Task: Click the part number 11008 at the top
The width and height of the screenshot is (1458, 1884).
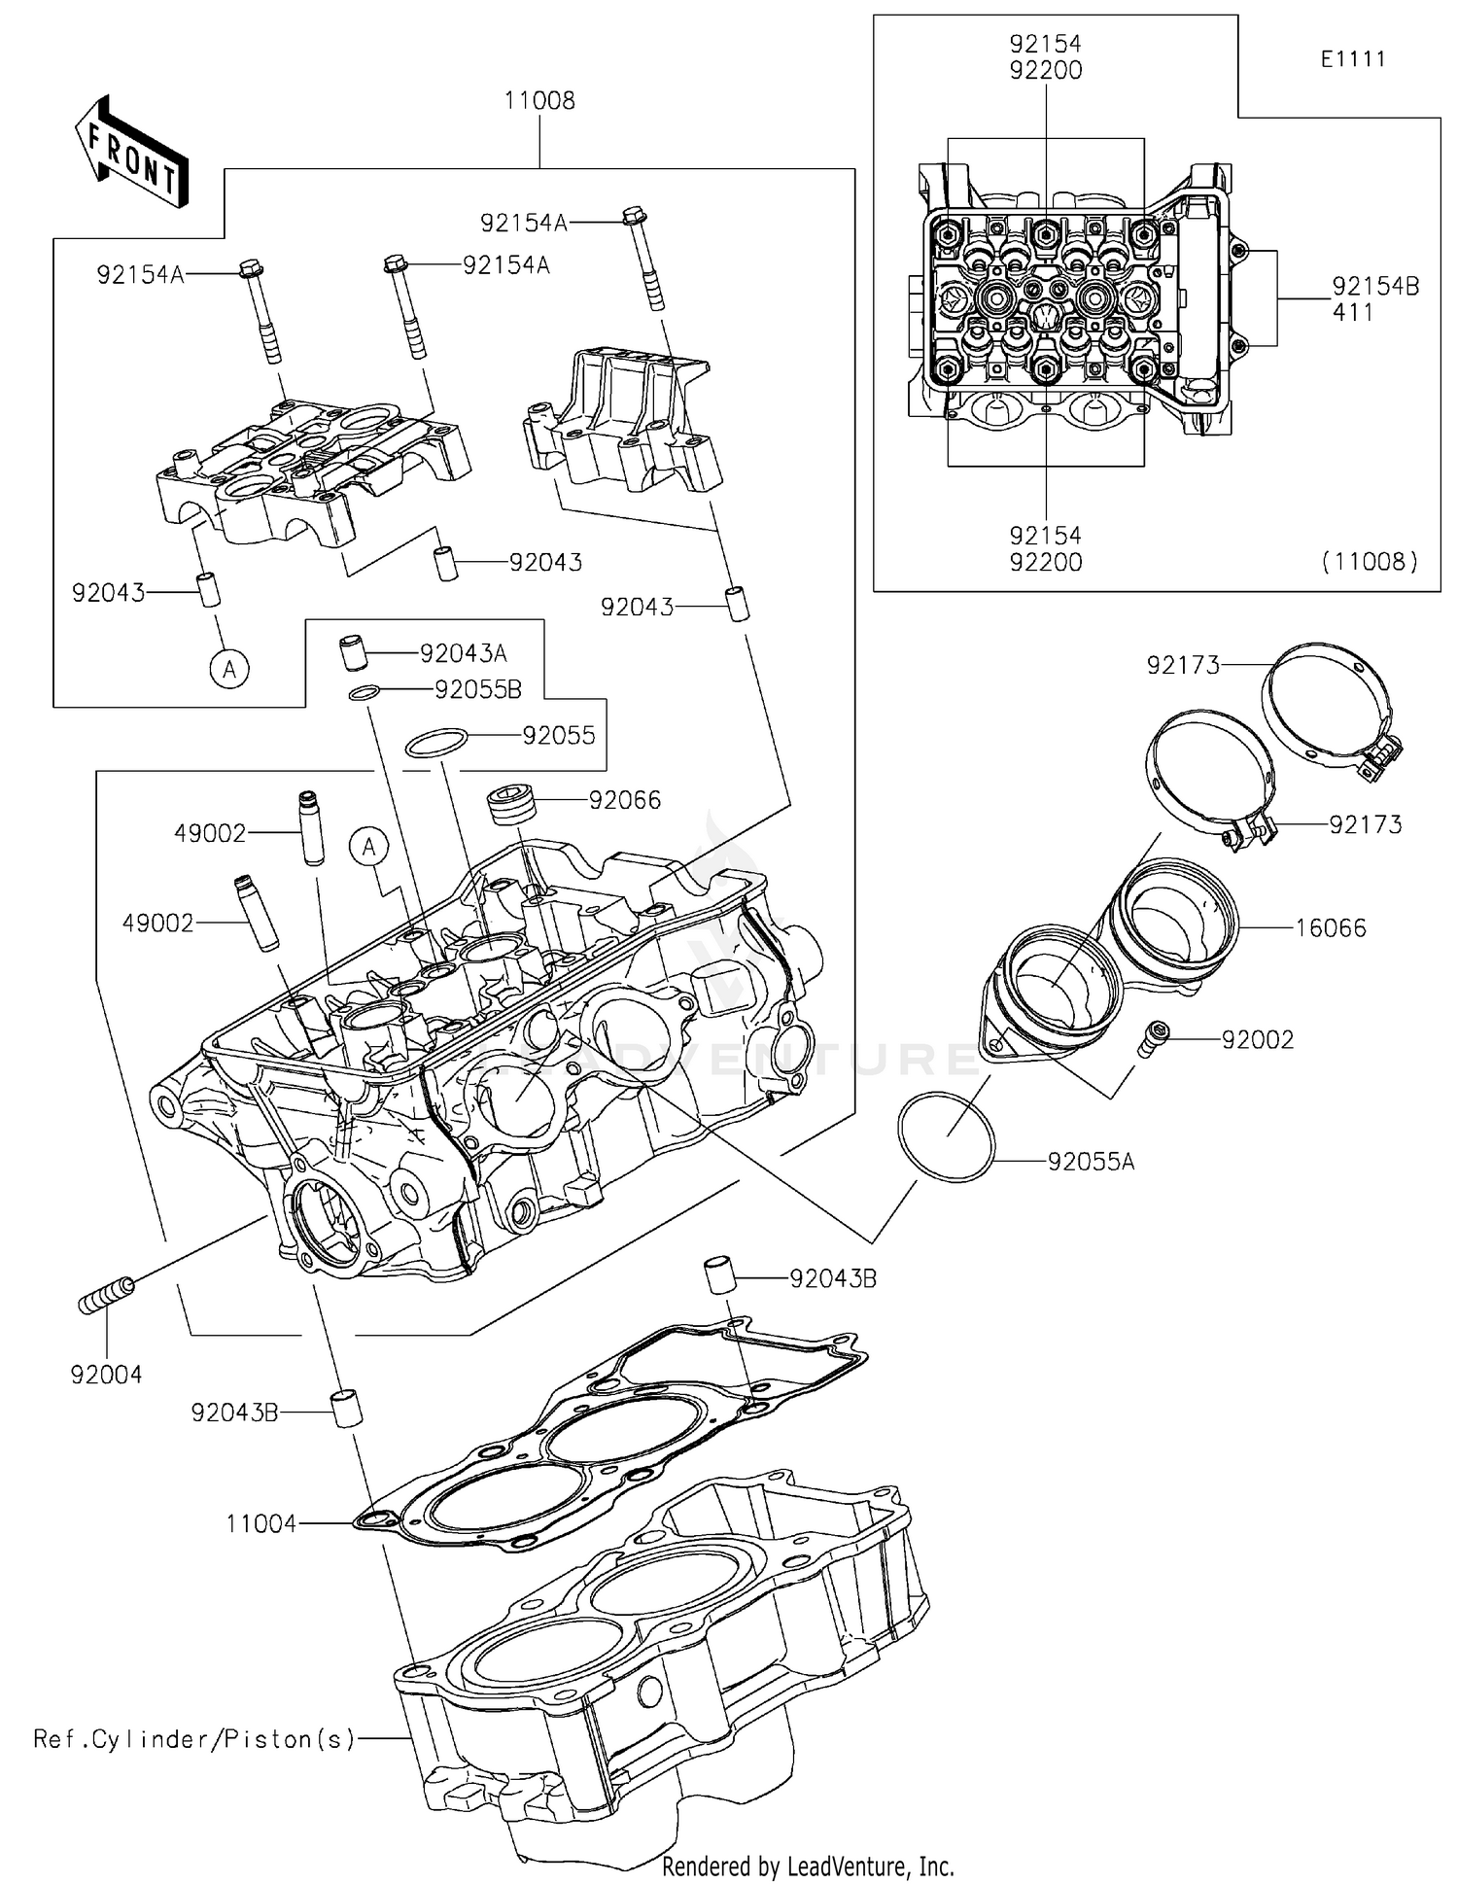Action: click(x=539, y=101)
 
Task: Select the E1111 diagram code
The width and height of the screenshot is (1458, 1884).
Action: click(x=1352, y=59)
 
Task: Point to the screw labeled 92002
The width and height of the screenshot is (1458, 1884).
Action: click(x=1153, y=1037)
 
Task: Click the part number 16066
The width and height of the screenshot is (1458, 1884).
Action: click(x=1330, y=927)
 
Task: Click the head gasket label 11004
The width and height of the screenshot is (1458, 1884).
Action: click(x=260, y=1524)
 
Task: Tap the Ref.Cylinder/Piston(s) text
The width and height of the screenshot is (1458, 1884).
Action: click(x=194, y=1739)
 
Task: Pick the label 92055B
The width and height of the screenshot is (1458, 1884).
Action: click(x=478, y=689)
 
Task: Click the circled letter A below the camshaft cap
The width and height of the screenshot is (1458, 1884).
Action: click(x=230, y=669)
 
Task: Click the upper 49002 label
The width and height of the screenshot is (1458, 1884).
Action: click(x=211, y=833)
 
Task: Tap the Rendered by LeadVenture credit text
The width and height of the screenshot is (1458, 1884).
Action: click(x=807, y=1866)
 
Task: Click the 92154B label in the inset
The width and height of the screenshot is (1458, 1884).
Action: click(x=1374, y=286)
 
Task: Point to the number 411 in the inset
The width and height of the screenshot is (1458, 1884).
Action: click(x=1353, y=312)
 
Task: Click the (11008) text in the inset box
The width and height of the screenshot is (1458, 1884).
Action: click(x=1369, y=561)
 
